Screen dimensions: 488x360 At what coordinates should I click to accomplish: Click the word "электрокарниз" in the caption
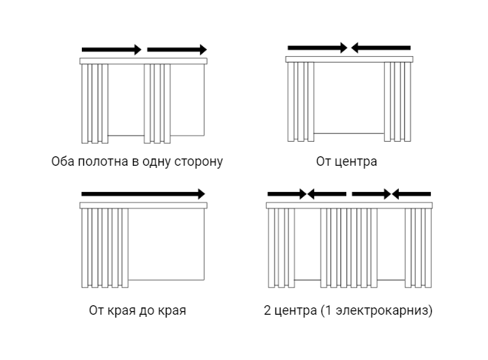382,310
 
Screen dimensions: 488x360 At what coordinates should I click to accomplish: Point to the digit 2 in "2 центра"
267,310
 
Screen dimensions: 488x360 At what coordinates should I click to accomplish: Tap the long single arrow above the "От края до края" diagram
143,194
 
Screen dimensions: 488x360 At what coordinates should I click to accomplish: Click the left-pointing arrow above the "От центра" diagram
381,48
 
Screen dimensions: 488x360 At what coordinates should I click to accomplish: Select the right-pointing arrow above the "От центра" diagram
318,48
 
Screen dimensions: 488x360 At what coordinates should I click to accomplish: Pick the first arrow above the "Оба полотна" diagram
112,50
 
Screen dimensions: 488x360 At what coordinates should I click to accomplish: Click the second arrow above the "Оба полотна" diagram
177,50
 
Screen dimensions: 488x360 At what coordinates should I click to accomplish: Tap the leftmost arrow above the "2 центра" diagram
287,194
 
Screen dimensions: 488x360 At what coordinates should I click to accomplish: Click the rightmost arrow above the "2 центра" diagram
411,194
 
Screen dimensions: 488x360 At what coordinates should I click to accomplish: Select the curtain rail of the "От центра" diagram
349,59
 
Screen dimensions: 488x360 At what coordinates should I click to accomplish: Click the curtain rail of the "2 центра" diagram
349,205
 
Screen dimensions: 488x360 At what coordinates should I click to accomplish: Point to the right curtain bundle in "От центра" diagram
397,102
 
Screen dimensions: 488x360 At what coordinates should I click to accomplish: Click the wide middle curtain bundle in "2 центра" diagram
349,248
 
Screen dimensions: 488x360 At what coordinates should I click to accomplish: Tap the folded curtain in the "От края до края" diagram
105,248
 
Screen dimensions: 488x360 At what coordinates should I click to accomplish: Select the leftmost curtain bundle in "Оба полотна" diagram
95,104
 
